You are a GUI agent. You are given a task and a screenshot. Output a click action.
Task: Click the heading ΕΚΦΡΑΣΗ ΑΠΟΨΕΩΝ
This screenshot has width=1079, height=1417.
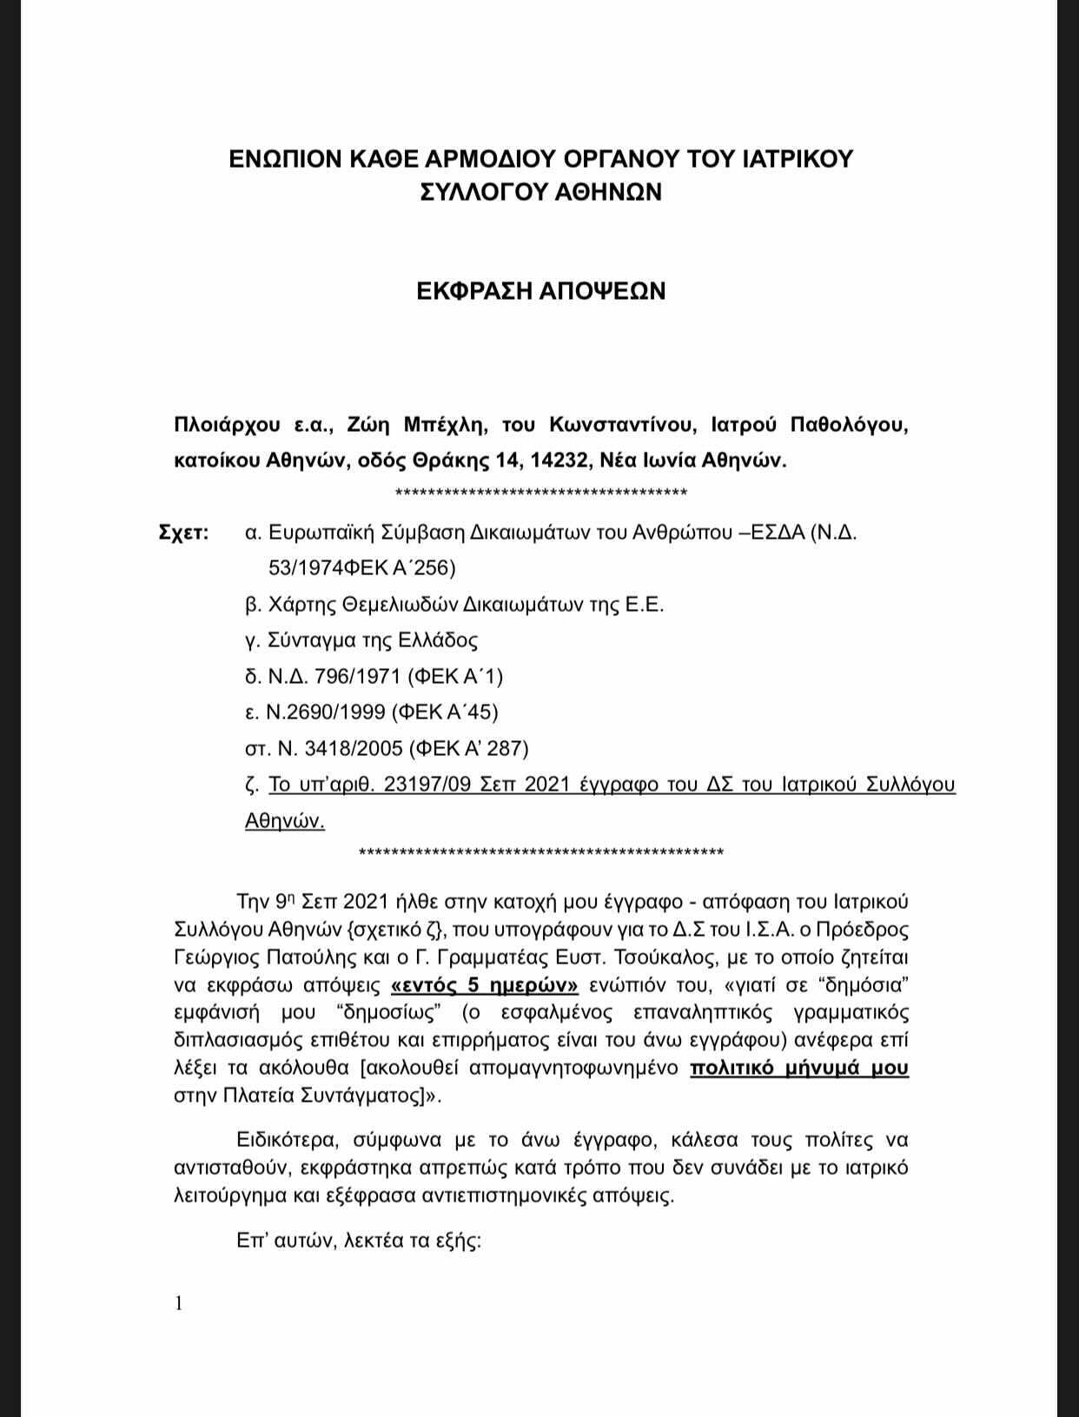[540, 291]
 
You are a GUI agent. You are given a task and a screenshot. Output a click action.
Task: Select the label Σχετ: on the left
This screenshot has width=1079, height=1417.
[183, 533]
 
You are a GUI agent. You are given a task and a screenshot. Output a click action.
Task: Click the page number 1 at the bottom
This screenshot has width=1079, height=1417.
[179, 1303]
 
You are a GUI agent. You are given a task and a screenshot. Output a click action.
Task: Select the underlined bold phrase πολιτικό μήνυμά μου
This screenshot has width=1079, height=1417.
[799, 1068]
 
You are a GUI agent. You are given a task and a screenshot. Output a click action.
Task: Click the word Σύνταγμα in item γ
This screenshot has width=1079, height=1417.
[309, 640]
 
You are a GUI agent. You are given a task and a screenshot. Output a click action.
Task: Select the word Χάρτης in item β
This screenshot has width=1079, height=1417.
[299, 605]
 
